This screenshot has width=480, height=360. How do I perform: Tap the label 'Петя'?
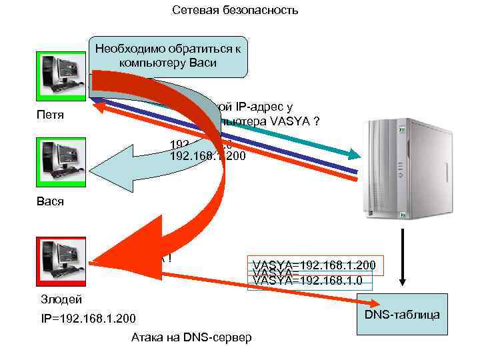(50, 115)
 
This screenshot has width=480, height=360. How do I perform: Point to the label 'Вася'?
(51, 201)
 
